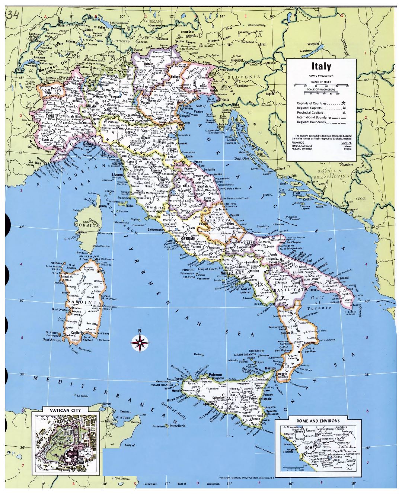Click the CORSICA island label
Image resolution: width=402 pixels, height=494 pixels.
[86, 225]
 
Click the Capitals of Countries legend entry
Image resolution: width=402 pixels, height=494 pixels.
[312, 103]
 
